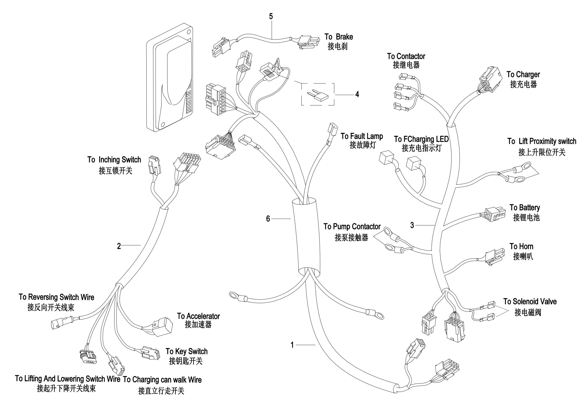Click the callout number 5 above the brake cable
tap(271, 16)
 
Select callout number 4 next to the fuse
tap(357, 94)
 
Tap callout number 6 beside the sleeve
tap(268, 219)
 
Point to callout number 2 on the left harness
tap(119, 246)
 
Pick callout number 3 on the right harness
tap(412, 225)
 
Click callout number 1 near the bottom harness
tap(292, 345)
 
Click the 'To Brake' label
tap(338, 37)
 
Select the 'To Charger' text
tap(523, 75)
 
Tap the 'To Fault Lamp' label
tap(362, 136)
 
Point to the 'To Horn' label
tap(521, 247)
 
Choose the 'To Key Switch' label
tap(187, 352)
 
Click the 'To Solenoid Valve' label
tap(530, 302)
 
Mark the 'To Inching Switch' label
tap(114, 160)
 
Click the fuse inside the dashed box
tap(318, 96)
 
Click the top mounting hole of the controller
tap(189, 32)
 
